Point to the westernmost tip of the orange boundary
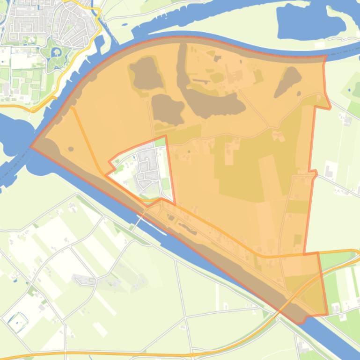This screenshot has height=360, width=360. pos(31,146)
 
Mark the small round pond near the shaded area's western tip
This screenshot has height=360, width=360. pos(71,149)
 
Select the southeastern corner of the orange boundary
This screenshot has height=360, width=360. pos(327,314)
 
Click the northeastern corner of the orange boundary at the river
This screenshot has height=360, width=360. pos(326,57)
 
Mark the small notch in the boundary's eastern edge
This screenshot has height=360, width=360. pos(314,174)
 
